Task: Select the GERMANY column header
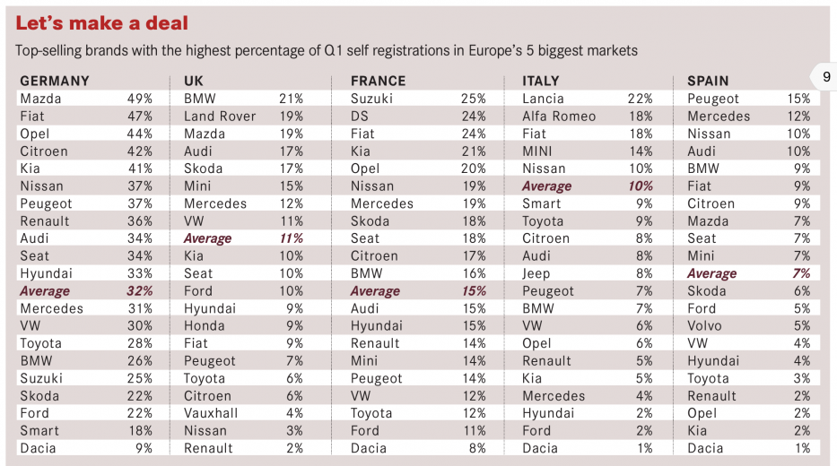[55, 81]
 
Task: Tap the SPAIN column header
[708, 81]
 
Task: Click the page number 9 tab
[825, 78]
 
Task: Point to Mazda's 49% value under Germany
[140, 99]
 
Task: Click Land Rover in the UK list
[220, 116]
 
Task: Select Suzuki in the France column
[371, 99]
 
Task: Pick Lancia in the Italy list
[543, 99]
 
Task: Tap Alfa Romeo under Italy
[559, 116]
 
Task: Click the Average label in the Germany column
[45, 291]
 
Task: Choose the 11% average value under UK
[292, 238]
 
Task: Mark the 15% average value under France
[473, 291]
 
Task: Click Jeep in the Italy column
[536, 273]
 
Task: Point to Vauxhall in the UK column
[212, 413]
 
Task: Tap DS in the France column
[361, 116]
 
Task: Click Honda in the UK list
[205, 326]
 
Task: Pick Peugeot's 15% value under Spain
[798, 99]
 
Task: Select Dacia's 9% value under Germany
[144, 448]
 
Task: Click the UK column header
[194, 81]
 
